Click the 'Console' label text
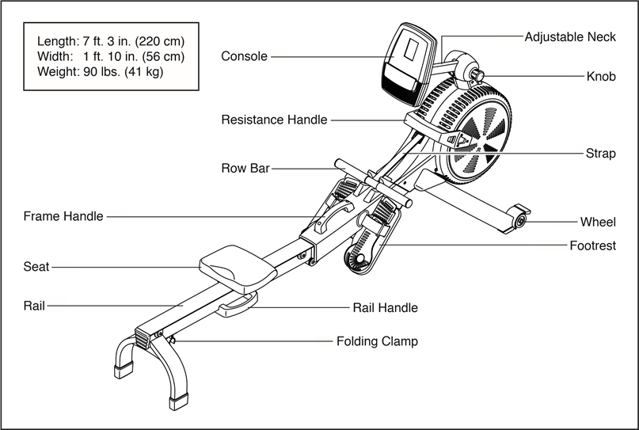244,56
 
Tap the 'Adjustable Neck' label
570,37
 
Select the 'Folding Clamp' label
377,341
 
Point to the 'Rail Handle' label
385,308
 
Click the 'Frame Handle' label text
63,216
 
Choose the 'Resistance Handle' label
274,120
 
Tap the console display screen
412,50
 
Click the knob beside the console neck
477,76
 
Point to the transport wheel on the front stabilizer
519,222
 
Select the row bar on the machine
373,184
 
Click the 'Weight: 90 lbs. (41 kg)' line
101,72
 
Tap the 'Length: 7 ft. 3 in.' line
111,41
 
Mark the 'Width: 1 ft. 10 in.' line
111,56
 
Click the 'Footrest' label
592,245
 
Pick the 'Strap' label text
601,154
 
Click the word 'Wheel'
598,223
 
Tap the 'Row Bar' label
245,169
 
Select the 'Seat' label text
36,267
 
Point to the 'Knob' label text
601,77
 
